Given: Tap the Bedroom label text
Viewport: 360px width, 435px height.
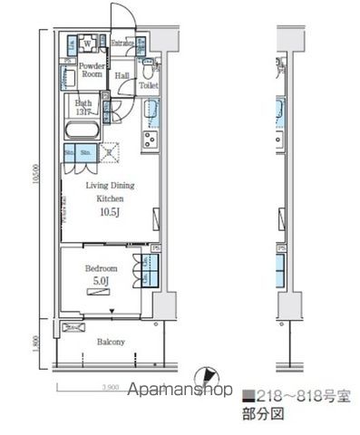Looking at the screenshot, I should pos(102,268).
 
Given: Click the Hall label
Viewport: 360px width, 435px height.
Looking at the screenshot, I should pos(122,74).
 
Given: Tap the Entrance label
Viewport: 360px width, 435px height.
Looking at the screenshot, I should pos(122,43).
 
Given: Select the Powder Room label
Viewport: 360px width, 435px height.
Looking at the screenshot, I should pos(90,71).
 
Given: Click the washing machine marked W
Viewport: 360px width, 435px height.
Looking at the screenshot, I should pos(88,43).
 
